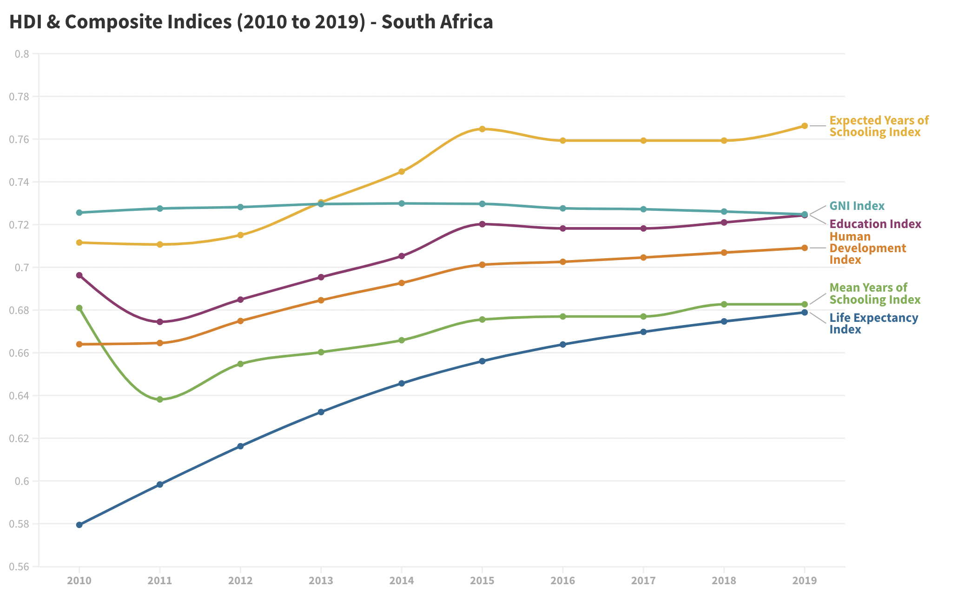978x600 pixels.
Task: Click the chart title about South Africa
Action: [251, 22]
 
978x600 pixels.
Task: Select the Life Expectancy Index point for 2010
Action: [79, 525]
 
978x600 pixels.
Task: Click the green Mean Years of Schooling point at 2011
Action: [160, 399]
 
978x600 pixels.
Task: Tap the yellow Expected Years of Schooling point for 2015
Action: [482, 129]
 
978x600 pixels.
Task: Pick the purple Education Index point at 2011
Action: [160, 322]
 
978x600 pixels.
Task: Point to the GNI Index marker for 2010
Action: [79, 213]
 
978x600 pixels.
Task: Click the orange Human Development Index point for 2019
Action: [805, 248]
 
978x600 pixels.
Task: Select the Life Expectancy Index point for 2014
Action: [402, 384]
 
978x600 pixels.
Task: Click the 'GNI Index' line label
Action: [857, 206]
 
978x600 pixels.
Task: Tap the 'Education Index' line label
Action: [875, 224]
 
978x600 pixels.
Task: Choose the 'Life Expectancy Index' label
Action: [873, 324]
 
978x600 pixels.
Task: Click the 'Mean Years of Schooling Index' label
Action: [874, 293]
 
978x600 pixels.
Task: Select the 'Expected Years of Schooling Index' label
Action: [879, 126]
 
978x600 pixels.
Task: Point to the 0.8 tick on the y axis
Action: [22, 54]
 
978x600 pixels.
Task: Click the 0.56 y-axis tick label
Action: [19, 567]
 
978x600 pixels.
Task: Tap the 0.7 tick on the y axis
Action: [22, 267]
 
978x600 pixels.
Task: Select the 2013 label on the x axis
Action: [321, 580]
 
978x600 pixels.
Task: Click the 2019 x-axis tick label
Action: [804, 580]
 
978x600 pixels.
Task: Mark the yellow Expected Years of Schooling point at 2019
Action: [805, 126]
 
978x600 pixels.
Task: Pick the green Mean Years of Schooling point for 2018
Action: [724, 305]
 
